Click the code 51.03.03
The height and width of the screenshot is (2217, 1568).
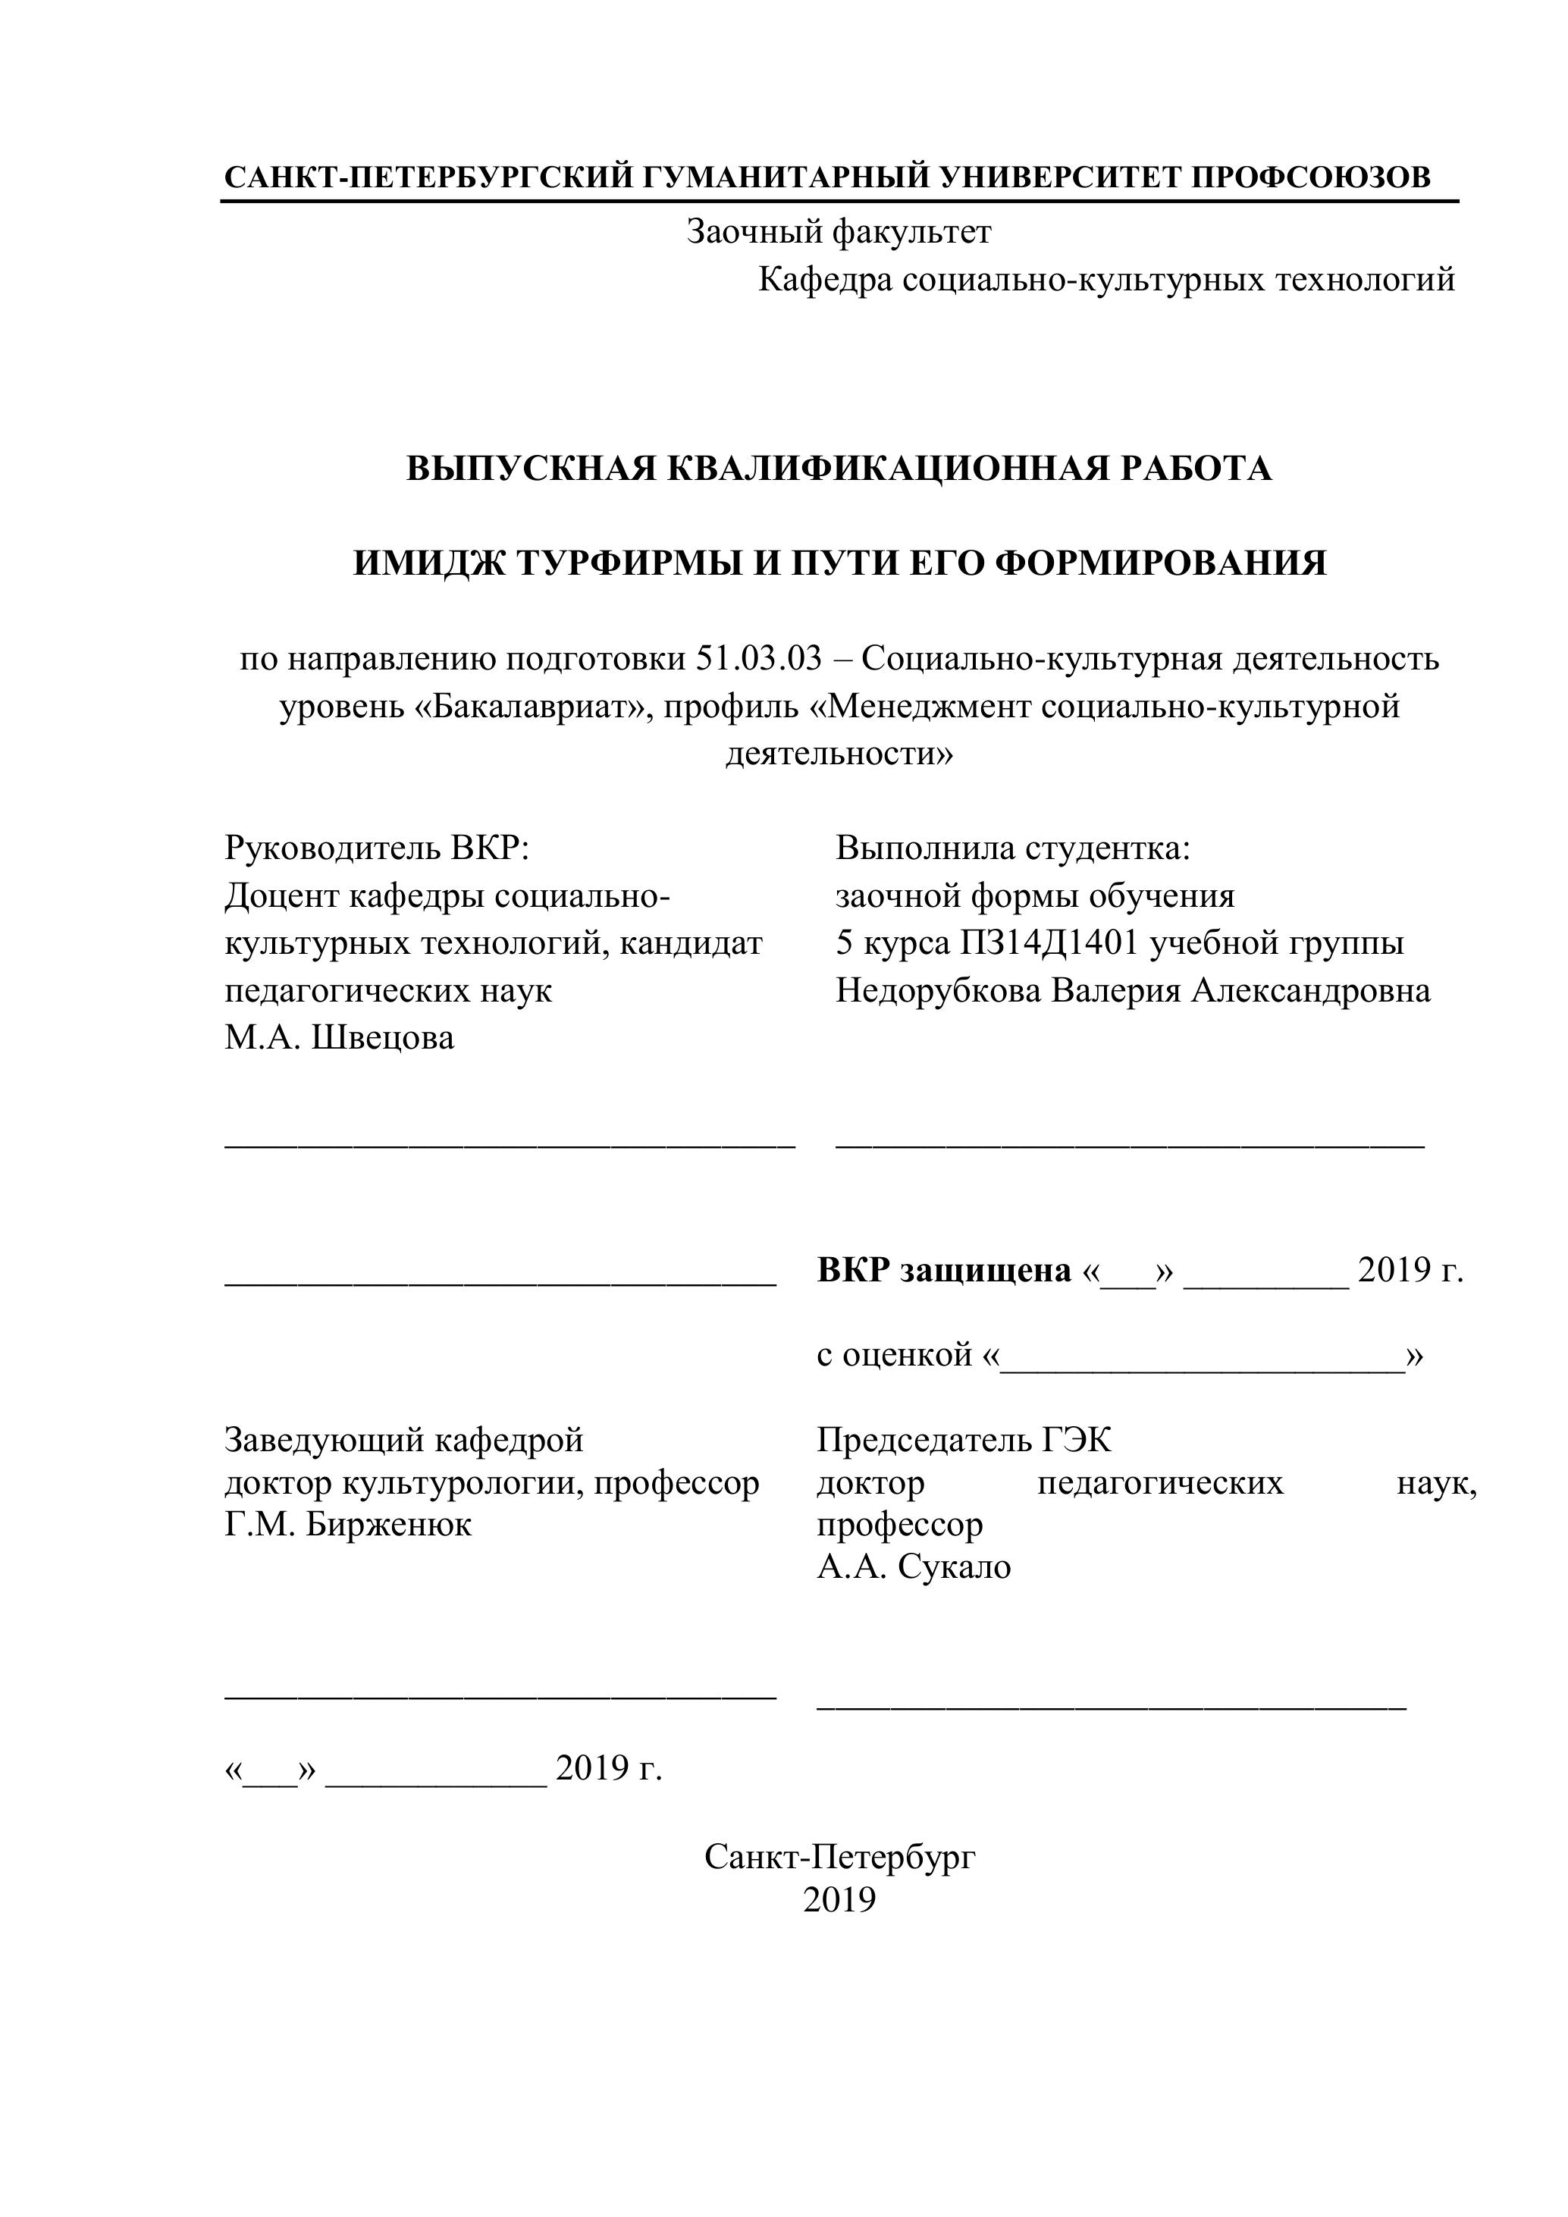(x=758, y=659)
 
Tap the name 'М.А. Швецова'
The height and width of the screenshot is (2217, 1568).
(x=339, y=1039)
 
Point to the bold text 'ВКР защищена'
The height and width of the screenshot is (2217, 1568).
(x=943, y=1271)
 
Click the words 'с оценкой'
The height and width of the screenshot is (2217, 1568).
(x=893, y=1356)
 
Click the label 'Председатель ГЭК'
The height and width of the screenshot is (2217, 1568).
(x=964, y=1441)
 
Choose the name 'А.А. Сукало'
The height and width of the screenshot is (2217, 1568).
(x=914, y=1566)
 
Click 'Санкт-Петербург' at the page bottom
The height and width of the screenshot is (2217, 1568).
(x=839, y=1856)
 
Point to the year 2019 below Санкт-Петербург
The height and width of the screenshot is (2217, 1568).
(x=839, y=1900)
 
